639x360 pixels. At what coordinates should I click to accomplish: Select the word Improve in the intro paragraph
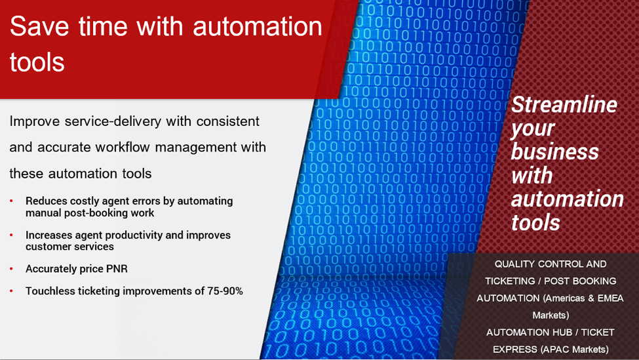35,121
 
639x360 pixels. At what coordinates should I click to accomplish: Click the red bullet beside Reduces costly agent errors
11,201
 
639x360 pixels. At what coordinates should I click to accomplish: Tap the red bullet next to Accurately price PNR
11,269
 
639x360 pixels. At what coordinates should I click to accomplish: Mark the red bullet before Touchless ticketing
11,291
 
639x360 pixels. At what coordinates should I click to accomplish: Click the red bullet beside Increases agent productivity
11,235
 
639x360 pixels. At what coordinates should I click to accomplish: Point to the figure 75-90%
225,291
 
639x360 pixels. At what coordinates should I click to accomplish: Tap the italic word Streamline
564,104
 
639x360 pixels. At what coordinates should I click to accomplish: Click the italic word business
555,151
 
